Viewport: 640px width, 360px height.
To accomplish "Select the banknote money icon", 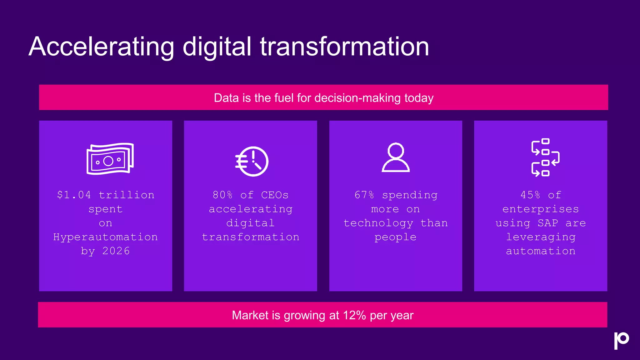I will point(110,159).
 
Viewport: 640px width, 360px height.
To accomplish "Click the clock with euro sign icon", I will point(252,161).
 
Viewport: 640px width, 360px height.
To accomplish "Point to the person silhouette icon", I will point(396,157).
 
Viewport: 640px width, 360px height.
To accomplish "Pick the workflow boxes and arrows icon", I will point(545,157).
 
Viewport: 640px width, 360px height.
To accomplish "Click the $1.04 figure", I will point(74,195).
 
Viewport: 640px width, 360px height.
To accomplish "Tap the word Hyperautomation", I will point(105,237).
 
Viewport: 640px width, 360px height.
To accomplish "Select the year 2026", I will point(116,251).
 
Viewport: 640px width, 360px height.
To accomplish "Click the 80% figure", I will point(222,195).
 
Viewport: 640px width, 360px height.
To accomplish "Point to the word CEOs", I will point(275,195).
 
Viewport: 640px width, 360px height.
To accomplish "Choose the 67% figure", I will point(364,195).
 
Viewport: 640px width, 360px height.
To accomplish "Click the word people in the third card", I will point(395,237).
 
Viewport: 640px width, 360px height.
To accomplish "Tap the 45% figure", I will point(530,195).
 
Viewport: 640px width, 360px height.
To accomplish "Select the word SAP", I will point(548,223).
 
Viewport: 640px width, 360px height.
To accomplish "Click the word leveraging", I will point(541,237).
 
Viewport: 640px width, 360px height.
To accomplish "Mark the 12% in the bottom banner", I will point(354,315).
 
